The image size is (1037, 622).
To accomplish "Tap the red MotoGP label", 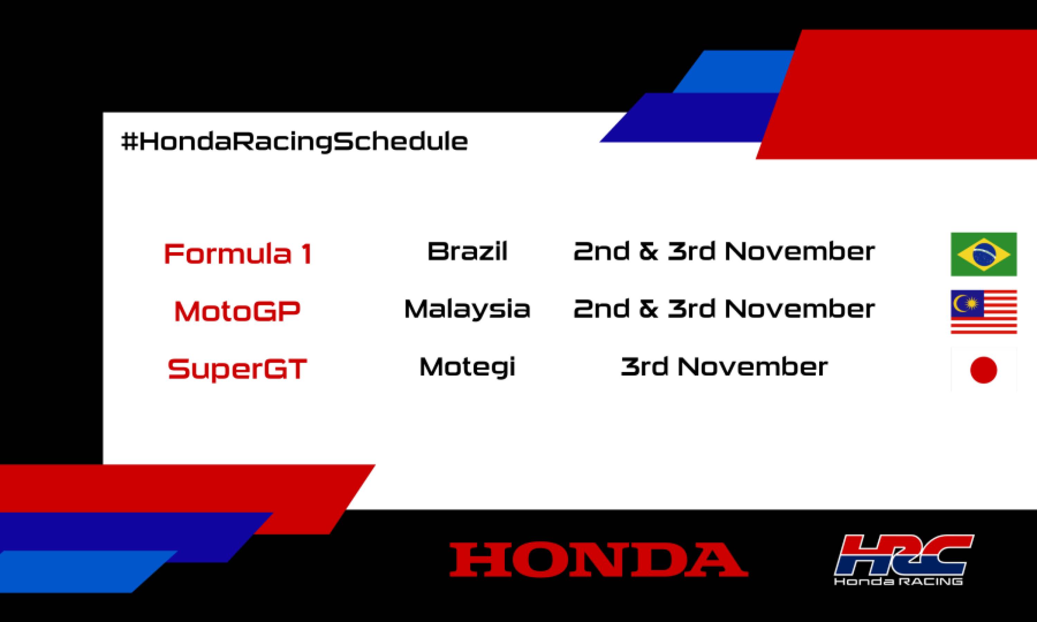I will click(237, 311).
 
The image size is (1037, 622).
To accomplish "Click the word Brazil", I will click(467, 252).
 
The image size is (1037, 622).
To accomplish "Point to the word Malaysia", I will click(467, 309).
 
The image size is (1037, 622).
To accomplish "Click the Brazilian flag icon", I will click(983, 254).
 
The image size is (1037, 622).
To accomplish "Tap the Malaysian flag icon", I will click(983, 311).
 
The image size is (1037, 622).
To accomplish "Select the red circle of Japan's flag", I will click(983, 370).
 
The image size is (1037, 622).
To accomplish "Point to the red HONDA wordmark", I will click(599, 559).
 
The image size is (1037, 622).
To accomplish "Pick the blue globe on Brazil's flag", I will click(983, 254).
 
